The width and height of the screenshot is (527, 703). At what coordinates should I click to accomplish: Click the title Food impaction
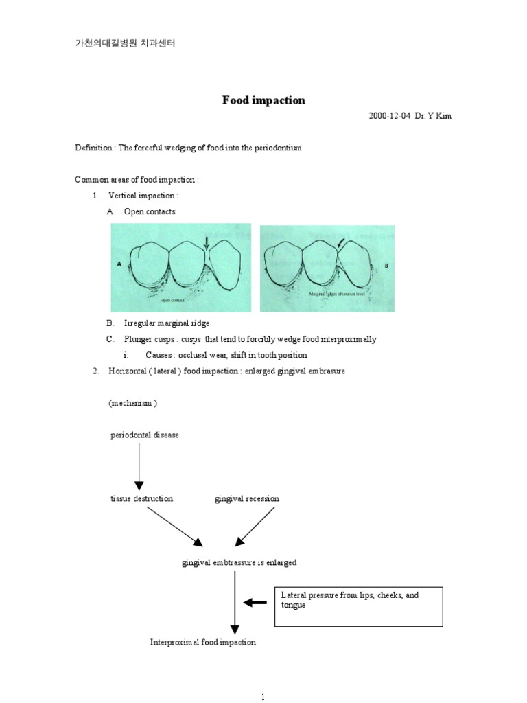(263, 100)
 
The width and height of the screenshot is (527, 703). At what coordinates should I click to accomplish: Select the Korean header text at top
(125, 43)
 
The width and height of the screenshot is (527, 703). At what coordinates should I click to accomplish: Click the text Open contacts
(149, 211)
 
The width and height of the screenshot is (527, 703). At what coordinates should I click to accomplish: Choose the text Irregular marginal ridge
(167, 323)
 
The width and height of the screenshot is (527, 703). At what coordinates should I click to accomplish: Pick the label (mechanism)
(132, 403)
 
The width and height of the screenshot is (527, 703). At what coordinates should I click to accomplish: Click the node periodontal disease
(145, 435)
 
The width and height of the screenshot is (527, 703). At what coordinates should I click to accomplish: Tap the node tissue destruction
(141, 498)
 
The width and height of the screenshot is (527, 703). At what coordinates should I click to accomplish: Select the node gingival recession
(247, 498)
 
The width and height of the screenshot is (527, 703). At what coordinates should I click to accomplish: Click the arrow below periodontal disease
(139, 465)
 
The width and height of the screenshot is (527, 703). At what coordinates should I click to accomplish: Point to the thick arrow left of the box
(255, 603)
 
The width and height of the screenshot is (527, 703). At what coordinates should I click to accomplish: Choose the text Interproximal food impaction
(203, 642)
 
